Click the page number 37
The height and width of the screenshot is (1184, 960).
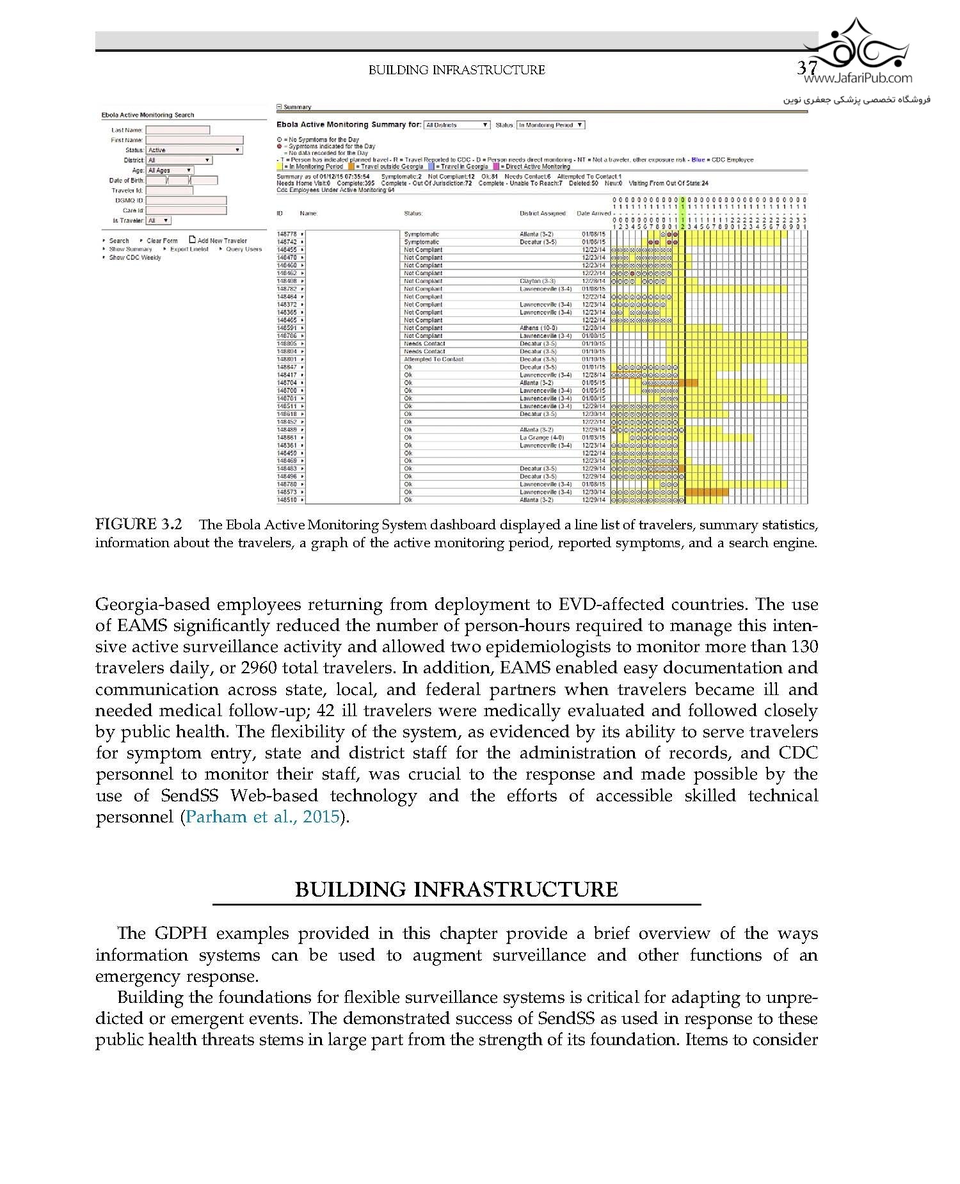[808, 68]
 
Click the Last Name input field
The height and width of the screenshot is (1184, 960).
[177, 130]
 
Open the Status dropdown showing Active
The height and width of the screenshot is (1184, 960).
[194, 150]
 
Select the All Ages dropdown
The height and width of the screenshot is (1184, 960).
[170, 170]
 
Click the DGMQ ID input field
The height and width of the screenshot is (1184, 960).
[186, 200]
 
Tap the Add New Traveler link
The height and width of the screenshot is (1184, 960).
[218, 241]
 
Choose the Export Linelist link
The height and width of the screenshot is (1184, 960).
[189, 249]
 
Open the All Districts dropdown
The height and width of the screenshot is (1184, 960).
[457, 125]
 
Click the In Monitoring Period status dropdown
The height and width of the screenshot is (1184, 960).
[550, 125]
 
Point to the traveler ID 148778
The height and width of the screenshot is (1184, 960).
[286, 234]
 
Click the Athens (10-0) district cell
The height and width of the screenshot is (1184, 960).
[538, 328]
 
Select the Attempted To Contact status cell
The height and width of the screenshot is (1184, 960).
[433, 359]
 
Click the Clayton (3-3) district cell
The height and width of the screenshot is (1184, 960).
[537, 281]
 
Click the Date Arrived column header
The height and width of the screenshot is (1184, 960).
[593, 213]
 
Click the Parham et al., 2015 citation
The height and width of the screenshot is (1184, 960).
[262, 817]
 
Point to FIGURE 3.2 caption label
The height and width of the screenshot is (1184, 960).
[138, 525]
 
